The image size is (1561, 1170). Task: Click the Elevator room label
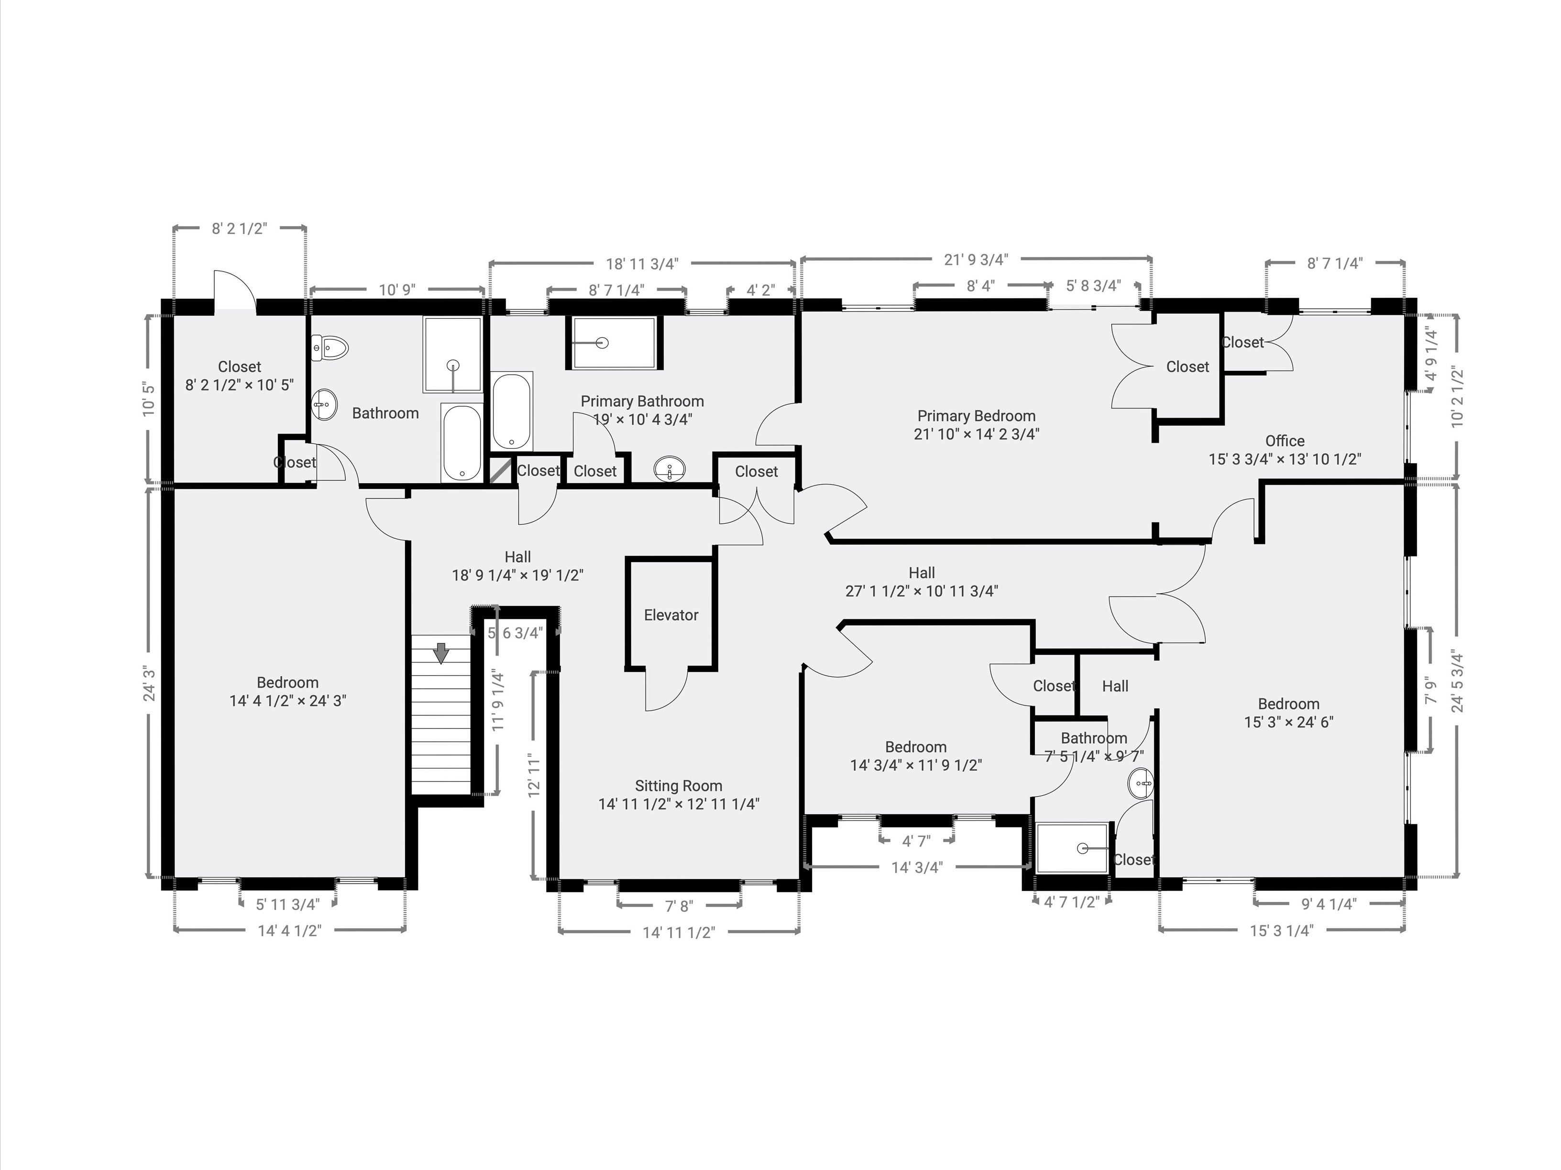point(671,615)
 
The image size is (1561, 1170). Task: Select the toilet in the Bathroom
point(331,347)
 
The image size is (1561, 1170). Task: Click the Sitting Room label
point(678,786)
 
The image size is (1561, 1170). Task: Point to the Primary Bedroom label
point(976,416)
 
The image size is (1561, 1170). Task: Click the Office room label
point(1285,441)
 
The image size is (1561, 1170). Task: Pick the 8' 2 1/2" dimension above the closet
point(239,228)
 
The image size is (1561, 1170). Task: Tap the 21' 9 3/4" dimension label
point(976,260)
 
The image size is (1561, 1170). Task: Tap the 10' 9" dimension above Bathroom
point(397,290)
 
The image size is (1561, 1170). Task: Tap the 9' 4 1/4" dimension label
point(1329,904)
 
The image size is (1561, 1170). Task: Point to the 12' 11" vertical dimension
point(534,775)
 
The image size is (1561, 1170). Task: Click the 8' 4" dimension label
point(980,286)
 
